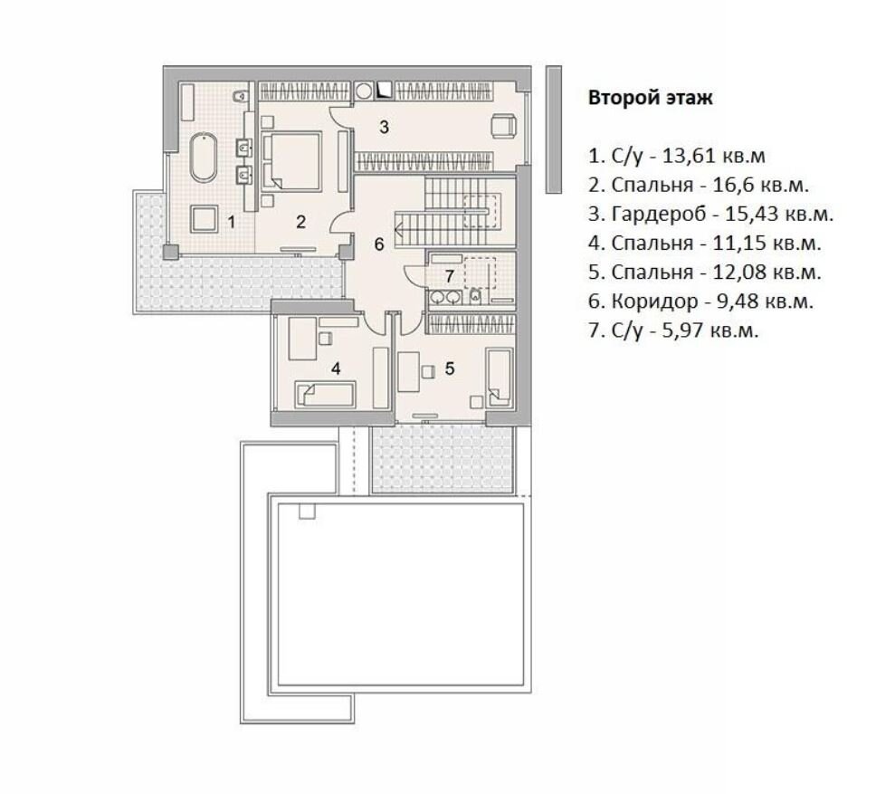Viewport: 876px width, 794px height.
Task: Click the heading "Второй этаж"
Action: coord(651,98)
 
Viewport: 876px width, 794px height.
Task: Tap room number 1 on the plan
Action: coord(232,223)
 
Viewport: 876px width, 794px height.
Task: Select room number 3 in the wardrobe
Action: coord(384,127)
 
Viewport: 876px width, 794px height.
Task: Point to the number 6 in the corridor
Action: coord(379,244)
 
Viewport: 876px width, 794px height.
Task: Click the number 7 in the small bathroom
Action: coord(449,276)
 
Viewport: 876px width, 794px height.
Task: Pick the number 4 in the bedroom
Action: coord(336,368)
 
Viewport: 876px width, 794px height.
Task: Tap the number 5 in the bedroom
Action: coord(450,368)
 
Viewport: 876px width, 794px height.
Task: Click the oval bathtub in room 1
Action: coord(204,157)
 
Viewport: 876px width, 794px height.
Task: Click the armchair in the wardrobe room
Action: coord(504,125)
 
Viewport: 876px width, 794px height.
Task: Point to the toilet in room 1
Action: coord(239,96)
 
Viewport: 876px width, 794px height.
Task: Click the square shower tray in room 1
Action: coord(204,218)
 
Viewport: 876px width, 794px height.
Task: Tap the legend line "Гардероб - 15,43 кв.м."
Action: coord(722,214)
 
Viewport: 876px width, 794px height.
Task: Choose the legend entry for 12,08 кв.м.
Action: coord(705,273)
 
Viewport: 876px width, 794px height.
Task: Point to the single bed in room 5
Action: coord(500,378)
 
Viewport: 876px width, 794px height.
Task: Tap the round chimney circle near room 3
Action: coord(365,91)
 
